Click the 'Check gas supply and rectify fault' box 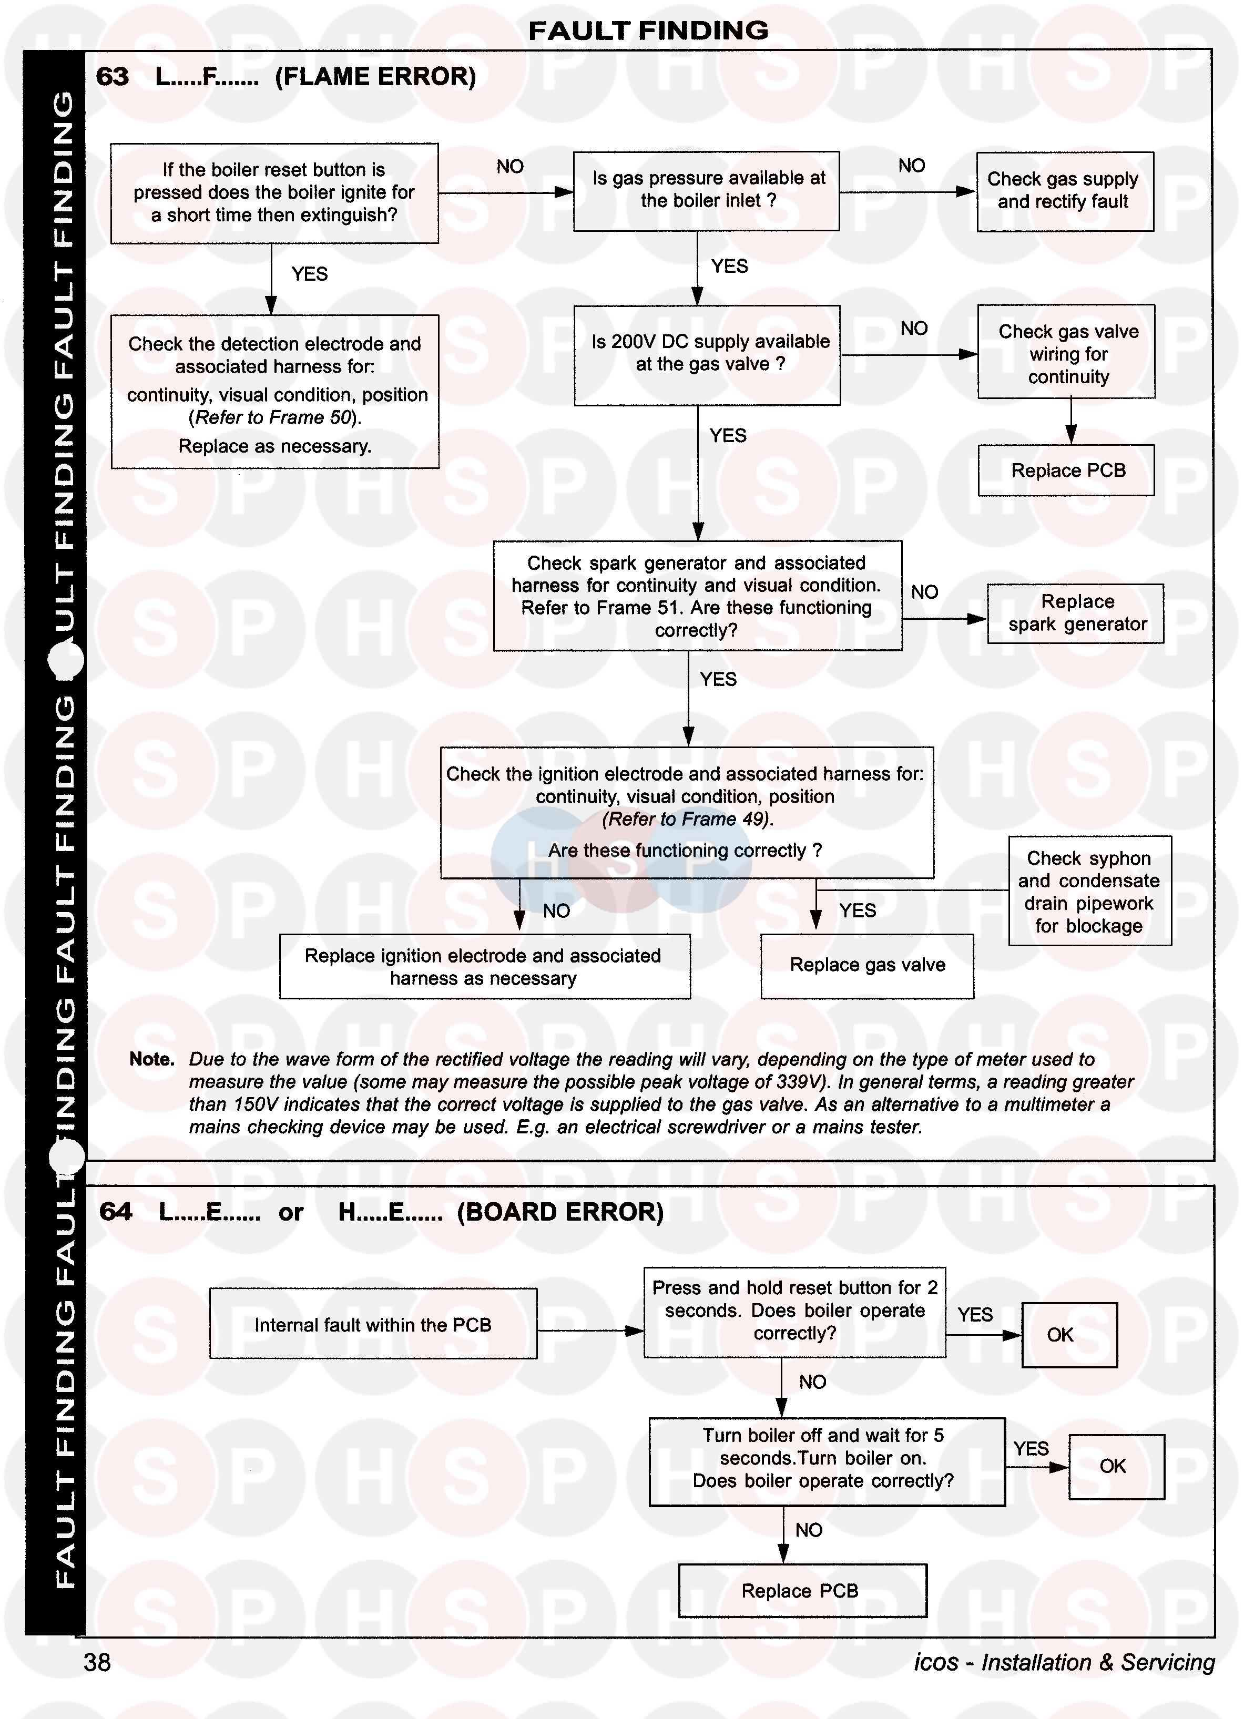pos(1064,191)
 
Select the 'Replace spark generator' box pos(1075,613)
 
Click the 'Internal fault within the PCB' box pos(372,1325)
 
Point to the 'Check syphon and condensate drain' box pos(1088,892)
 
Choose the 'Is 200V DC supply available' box pos(707,354)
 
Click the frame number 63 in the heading pos(112,77)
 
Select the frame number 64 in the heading pos(115,1212)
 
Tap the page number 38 pos(97,1662)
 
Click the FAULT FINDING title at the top pos(648,30)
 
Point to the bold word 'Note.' pos(151,1059)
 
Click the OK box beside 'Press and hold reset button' pos(1069,1335)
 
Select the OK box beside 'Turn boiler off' pos(1116,1466)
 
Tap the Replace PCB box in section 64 pos(801,1590)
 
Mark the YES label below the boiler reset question pos(309,273)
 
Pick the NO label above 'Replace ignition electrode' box pos(556,911)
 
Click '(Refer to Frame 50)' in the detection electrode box pos(274,417)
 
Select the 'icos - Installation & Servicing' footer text pos(1064,1662)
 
